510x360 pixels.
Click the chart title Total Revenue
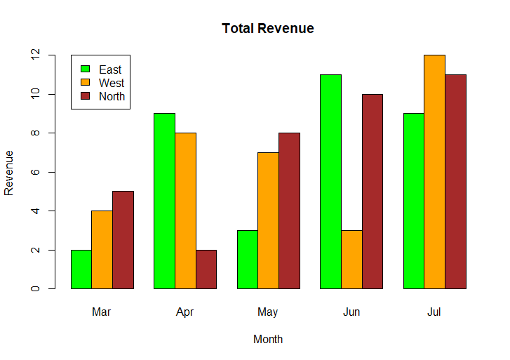[267, 29]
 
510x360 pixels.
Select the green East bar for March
[81, 269]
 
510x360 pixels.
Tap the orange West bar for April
[185, 211]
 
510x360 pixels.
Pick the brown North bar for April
[206, 269]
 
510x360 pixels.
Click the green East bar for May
[248, 259]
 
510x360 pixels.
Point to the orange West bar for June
[351, 259]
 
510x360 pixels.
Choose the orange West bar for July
[435, 171]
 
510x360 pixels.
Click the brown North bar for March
[123, 239]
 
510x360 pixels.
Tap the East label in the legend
[110, 69]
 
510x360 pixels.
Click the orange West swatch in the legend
[86, 83]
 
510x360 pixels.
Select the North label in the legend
[112, 96]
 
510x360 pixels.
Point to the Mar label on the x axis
[102, 312]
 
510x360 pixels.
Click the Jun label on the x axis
[351, 312]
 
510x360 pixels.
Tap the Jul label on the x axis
[434, 312]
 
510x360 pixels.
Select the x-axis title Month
[268, 340]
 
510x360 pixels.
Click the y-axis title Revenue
[9, 172]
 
